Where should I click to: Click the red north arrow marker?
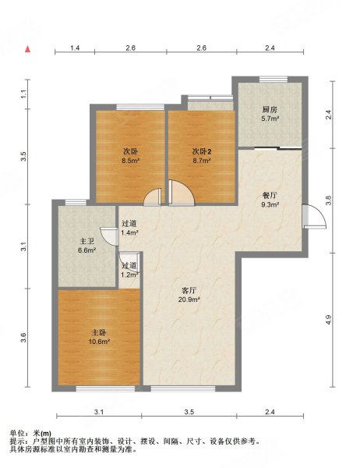click(28, 49)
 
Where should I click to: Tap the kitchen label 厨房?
click(270, 109)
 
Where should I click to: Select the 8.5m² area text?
click(131, 161)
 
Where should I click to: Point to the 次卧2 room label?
click(202, 151)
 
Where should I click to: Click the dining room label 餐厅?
click(270, 196)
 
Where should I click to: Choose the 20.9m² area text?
click(189, 300)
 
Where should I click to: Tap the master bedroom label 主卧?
click(99, 332)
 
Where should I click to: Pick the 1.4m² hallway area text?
click(129, 232)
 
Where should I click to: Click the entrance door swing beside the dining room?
click(314, 216)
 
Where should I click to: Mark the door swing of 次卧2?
click(182, 193)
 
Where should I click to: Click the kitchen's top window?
click(274, 79)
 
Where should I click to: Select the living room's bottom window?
click(183, 388)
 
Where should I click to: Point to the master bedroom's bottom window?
click(105, 388)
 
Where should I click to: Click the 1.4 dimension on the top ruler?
click(75, 48)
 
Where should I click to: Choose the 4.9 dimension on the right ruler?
click(328, 320)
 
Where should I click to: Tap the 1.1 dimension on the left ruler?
click(24, 94)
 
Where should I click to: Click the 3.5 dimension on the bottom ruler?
click(189, 412)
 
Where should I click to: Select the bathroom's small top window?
click(76, 202)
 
